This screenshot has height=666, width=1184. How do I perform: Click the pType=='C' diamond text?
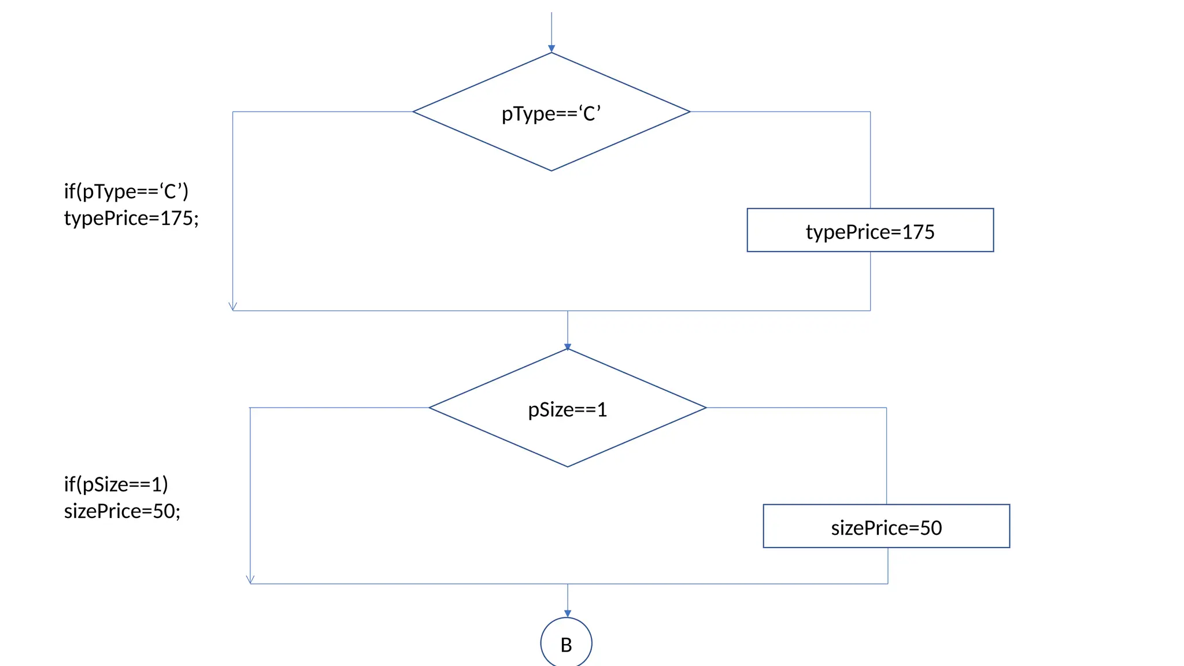[x=551, y=113]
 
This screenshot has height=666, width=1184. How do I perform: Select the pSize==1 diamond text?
[x=567, y=409]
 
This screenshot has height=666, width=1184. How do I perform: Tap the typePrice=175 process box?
[x=869, y=231]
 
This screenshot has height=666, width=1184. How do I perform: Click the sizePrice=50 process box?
[x=886, y=527]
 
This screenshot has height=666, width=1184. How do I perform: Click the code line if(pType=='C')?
[x=126, y=191]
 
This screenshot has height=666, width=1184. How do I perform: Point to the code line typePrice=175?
[x=131, y=218]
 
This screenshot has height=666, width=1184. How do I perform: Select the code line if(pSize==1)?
[x=116, y=484]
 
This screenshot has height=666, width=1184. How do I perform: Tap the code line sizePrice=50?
[x=122, y=511]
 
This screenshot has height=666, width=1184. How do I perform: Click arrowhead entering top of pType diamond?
[x=551, y=49]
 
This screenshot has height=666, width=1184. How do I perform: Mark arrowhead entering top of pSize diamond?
[x=567, y=347]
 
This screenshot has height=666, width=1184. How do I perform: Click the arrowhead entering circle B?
[x=567, y=613]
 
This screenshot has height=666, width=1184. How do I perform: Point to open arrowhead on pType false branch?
[x=232, y=307]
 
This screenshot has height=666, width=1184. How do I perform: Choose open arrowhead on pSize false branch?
[x=250, y=580]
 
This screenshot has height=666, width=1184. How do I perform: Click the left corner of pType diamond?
[x=414, y=112]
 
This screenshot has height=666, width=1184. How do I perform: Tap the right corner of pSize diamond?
[x=705, y=408]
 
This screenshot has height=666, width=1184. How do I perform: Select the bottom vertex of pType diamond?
[x=551, y=171]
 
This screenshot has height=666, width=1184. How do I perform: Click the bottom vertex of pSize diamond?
[x=567, y=467]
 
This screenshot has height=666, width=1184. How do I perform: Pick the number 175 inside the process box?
[x=918, y=232]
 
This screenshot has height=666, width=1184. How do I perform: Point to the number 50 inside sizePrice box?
[x=931, y=528]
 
